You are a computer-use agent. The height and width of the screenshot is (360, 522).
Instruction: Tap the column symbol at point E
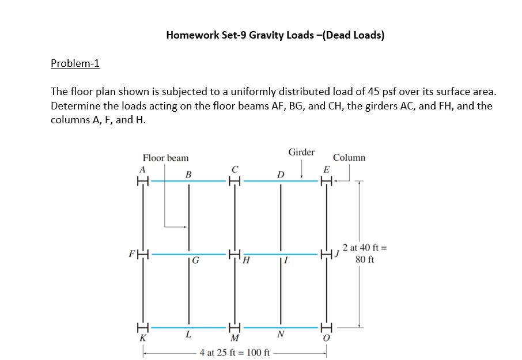click(327, 180)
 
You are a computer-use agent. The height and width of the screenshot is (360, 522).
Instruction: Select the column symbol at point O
click(327, 327)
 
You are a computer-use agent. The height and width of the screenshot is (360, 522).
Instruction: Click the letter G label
click(196, 265)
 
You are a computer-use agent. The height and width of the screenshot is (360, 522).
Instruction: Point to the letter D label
click(281, 174)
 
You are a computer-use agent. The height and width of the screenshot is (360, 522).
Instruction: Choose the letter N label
click(281, 335)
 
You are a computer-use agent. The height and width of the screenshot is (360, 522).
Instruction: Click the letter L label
click(188, 335)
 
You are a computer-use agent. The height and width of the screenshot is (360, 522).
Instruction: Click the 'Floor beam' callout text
click(165, 158)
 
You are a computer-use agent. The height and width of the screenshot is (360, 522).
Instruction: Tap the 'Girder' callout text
click(301, 152)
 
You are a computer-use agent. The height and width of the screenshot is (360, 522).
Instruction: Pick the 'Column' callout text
click(349, 158)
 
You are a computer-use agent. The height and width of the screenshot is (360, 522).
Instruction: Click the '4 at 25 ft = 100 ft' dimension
click(234, 352)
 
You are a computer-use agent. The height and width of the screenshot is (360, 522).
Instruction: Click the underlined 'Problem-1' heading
click(75, 63)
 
